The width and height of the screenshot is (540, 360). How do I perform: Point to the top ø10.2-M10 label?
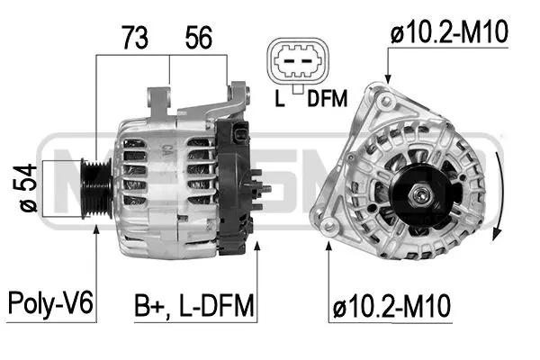tap(449, 33)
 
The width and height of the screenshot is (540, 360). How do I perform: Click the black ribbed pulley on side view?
tap(96, 184)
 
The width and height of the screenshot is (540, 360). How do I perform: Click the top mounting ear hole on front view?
tap(386, 95)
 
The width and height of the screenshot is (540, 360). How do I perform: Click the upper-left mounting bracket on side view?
tap(158, 98)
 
